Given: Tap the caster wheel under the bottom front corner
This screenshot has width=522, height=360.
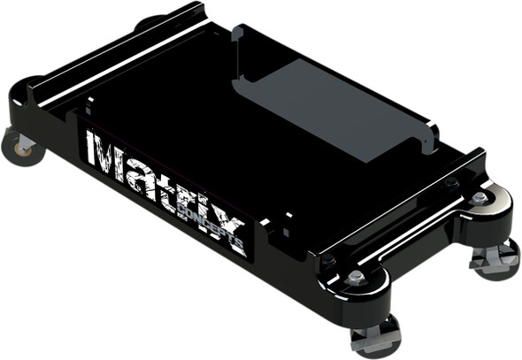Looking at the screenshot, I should (375, 341).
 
